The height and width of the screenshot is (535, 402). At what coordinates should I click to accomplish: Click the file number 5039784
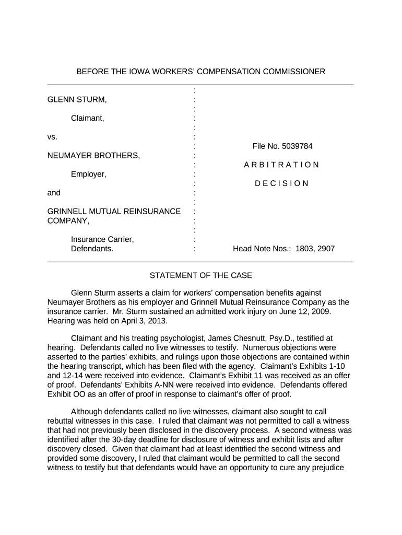[282, 146]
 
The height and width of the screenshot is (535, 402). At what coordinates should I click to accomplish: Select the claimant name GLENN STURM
[77, 99]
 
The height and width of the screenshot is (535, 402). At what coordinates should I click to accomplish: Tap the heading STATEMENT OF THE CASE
[201, 275]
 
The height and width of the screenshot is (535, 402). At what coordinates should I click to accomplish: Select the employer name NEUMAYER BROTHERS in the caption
[93, 156]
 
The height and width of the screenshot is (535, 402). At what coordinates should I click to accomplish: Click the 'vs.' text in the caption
[52, 137]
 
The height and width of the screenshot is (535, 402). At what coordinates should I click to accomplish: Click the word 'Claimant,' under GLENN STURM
[88, 118]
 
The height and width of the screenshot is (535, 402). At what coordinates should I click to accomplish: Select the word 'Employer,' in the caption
[89, 174]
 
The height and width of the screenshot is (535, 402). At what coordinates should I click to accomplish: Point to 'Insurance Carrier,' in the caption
[102, 239]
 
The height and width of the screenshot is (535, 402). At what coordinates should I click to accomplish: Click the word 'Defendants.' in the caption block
[92, 249]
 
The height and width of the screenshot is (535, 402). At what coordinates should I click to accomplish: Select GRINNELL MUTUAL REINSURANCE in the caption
[114, 212]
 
